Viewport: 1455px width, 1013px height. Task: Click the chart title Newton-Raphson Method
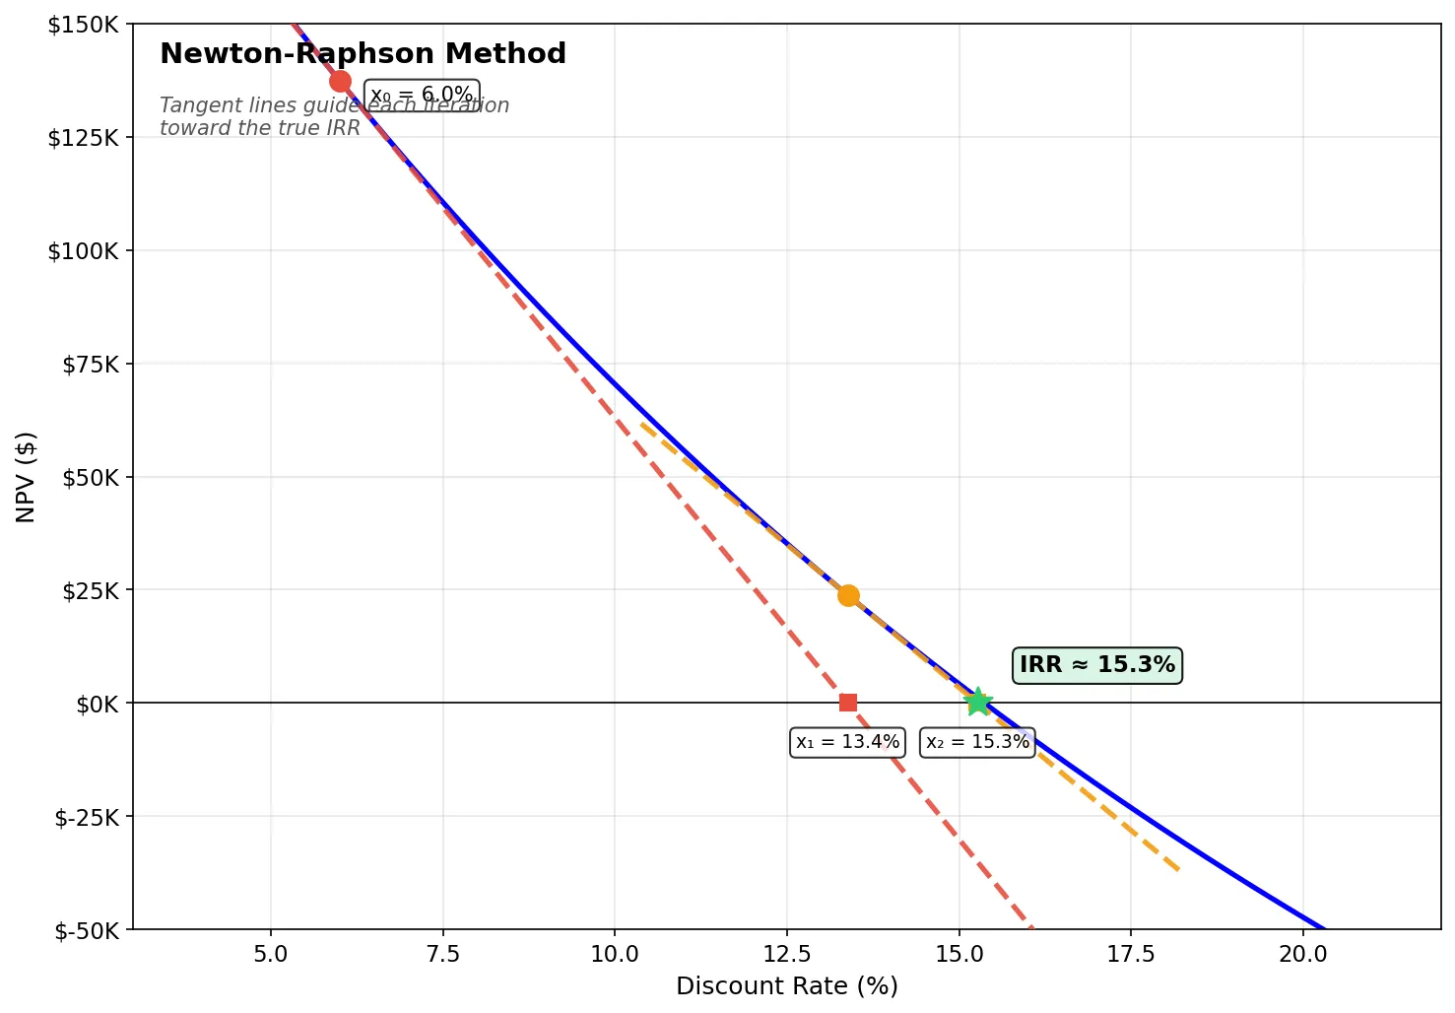pyautogui.click(x=363, y=54)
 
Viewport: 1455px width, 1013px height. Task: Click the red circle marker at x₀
pyautogui.click(x=340, y=81)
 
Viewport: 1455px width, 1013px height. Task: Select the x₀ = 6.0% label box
pyautogui.click(x=422, y=96)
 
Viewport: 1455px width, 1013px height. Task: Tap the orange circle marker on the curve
pyautogui.click(x=848, y=595)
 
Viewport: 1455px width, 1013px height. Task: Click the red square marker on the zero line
pyautogui.click(x=848, y=703)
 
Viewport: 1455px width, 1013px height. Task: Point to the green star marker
pyautogui.click(x=978, y=702)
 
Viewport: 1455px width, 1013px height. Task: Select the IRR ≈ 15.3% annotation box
pyautogui.click(x=1096, y=665)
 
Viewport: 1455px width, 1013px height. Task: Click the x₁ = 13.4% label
pyautogui.click(x=847, y=742)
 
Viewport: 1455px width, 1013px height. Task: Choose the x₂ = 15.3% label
pyautogui.click(x=977, y=742)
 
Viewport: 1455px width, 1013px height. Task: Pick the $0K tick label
pyautogui.click(x=97, y=704)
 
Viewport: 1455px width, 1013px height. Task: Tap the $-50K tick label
pyautogui.click(x=85, y=929)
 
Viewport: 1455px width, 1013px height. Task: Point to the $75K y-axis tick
pyautogui.click(x=90, y=365)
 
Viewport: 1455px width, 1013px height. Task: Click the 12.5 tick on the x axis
pyautogui.click(x=786, y=954)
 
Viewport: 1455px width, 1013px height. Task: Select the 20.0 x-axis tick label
pyautogui.click(x=1302, y=954)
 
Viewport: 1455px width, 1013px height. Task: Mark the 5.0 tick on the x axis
pyautogui.click(x=271, y=954)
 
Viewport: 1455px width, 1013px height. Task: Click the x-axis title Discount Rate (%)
pyautogui.click(x=786, y=986)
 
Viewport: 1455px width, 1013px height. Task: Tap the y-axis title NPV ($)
pyautogui.click(x=27, y=477)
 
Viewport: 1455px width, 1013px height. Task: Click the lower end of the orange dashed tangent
pyautogui.click(x=1177, y=869)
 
